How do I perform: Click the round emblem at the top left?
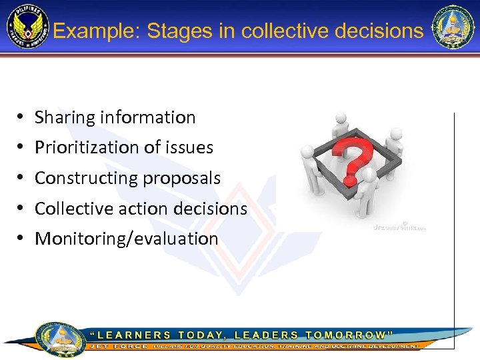(27, 28)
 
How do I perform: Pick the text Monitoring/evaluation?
(127, 239)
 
